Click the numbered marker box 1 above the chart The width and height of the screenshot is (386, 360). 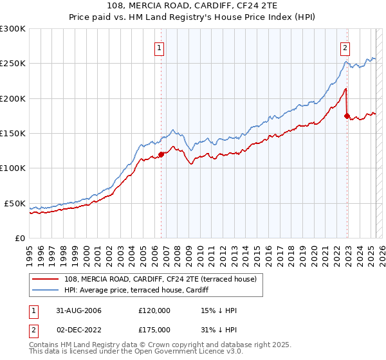point(158,46)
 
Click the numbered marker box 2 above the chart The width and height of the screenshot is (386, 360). point(345,46)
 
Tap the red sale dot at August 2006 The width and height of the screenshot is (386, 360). point(161,154)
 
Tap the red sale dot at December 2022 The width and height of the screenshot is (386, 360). point(347,116)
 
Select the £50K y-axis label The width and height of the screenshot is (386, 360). point(15,203)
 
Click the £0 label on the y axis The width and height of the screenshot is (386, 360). point(21,238)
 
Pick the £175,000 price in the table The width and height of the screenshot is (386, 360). point(154,330)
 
